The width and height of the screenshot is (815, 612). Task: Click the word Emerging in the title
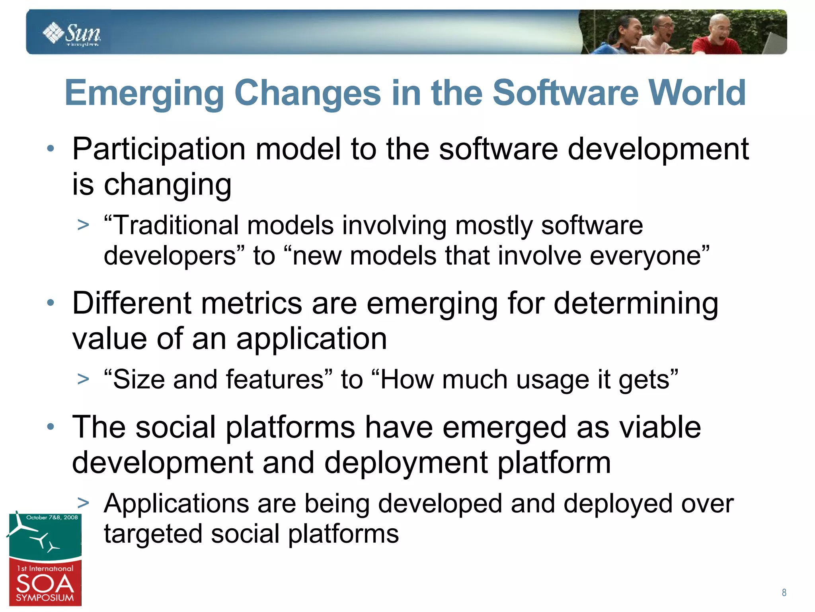144,94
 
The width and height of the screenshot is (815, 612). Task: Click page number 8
784,592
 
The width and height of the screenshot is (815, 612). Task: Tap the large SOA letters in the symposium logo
45,584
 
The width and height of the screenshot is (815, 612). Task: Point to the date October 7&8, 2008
52,518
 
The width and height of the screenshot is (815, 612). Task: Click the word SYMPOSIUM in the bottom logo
45,598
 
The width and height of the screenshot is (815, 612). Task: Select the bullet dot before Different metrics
50,303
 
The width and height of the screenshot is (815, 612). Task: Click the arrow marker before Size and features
83,379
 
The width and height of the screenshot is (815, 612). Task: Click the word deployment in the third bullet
406,463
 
